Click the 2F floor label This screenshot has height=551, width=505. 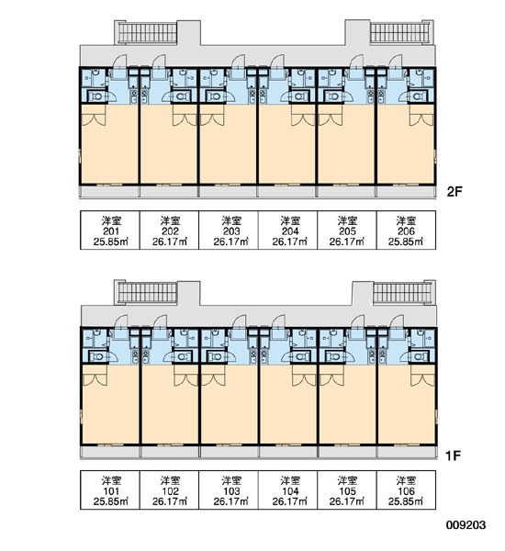point(454,192)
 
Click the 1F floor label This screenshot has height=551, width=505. point(453,455)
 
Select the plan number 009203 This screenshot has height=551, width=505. point(466,525)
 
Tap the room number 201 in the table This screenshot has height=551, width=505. point(111,231)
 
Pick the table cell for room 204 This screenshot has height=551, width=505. point(287,231)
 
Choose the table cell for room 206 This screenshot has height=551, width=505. point(406,231)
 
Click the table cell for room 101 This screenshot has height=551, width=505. point(110,489)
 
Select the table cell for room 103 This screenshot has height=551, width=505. point(229,489)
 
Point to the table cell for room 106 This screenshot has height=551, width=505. point(406,489)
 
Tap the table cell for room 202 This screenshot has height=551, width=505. point(169,231)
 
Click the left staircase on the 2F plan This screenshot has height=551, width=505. point(148,33)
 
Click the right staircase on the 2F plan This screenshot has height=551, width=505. point(400,33)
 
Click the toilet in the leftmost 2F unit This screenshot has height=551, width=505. point(95,96)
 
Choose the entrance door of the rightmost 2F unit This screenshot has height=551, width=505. point(396,62)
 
